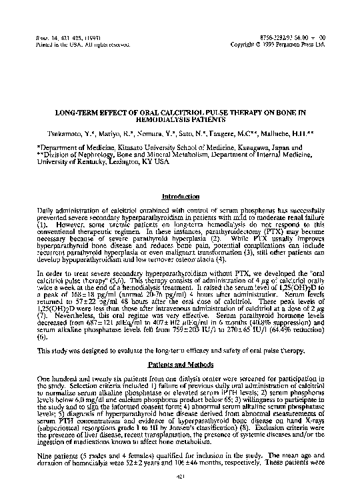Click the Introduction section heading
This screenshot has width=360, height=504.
pyautogui.click(x=181, y=197)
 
